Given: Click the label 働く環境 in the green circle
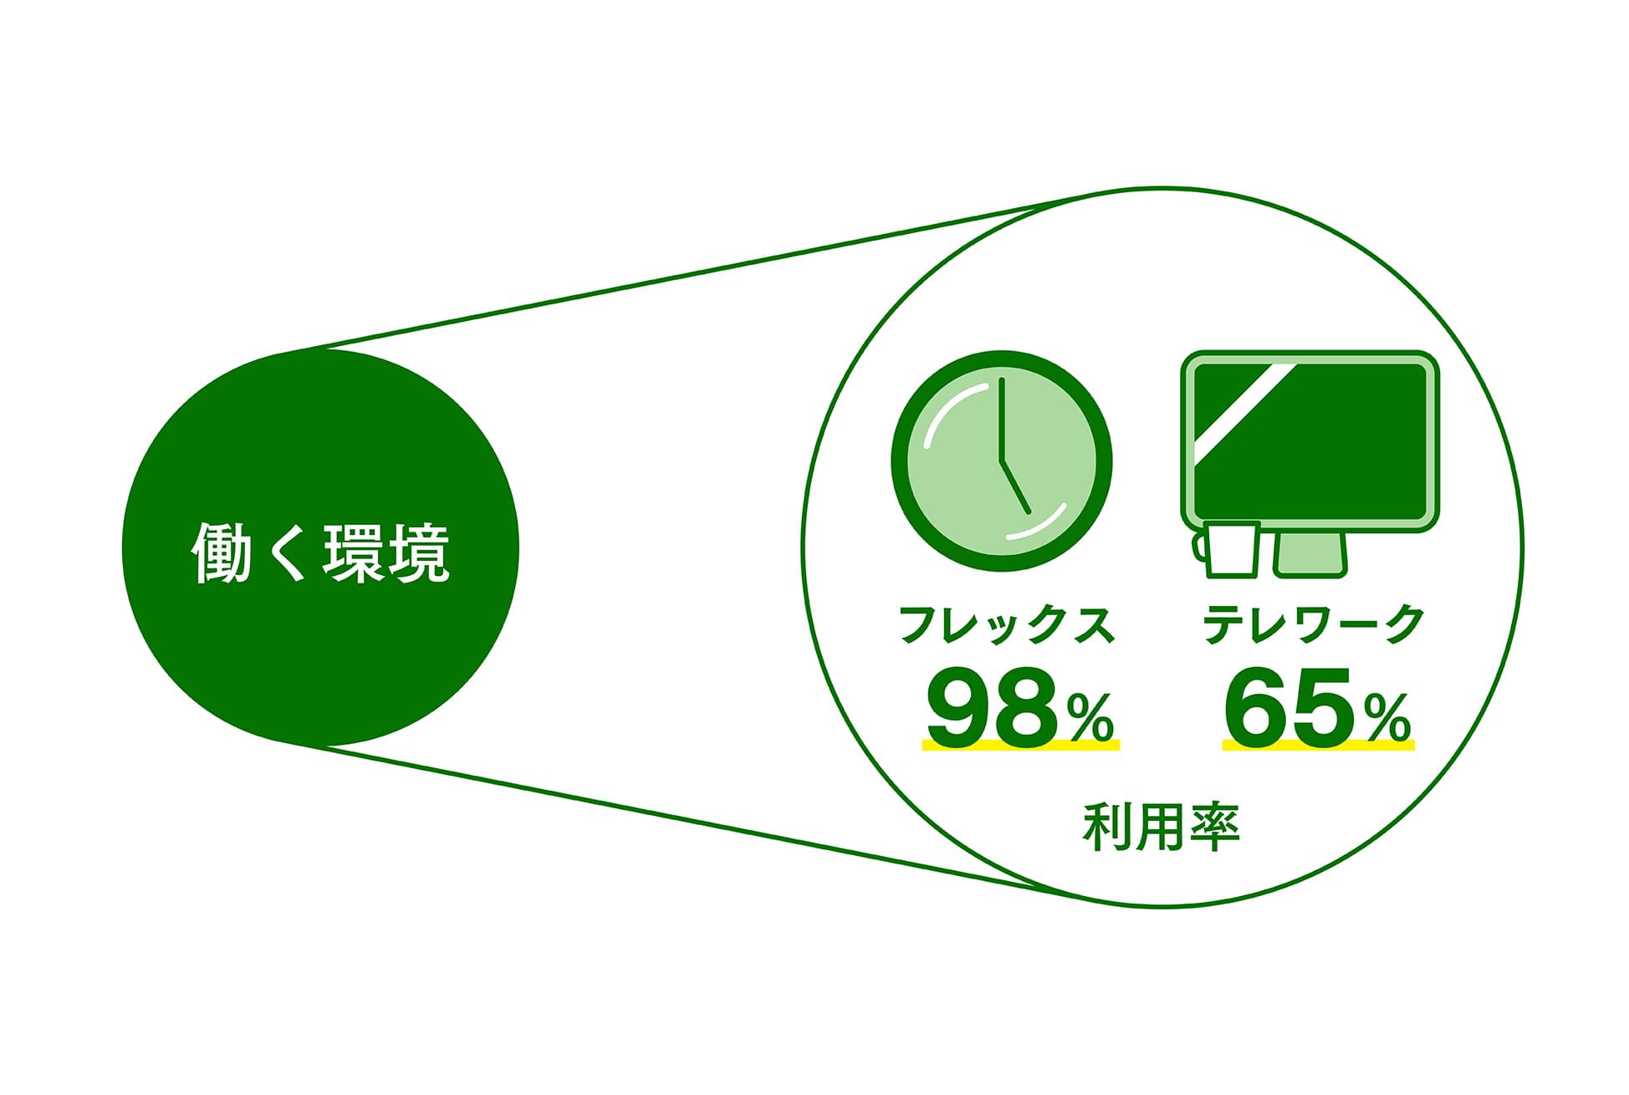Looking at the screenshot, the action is coord(321,553).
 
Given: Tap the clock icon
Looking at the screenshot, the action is coord(1002,461).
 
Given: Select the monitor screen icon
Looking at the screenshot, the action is coord(1310,441).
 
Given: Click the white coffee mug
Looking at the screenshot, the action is coord(1227,548).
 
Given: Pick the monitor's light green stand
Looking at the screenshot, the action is coord(1310,554).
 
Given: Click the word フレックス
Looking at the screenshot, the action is coord(1008,624).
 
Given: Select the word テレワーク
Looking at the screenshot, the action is coord(1314,624).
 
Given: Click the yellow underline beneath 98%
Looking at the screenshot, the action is coord(1020,744).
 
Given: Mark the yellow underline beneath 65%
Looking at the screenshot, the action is coord(1318,744).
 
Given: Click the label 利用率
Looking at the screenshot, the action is coord(1161,827).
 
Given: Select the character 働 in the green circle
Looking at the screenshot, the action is coord(222,553).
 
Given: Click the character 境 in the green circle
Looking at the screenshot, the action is coord(420,553).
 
